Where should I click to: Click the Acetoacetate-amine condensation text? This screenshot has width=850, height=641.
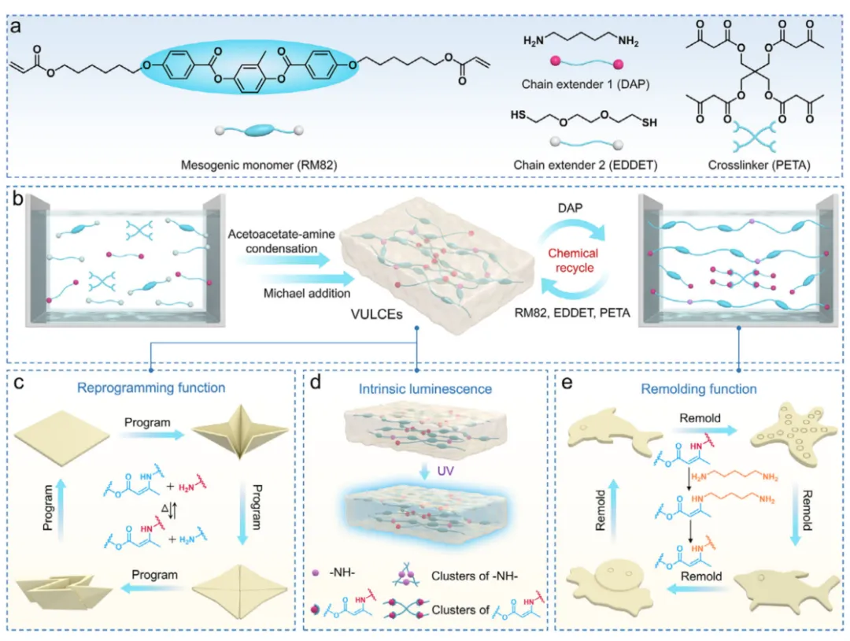(x=275, y=242)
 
